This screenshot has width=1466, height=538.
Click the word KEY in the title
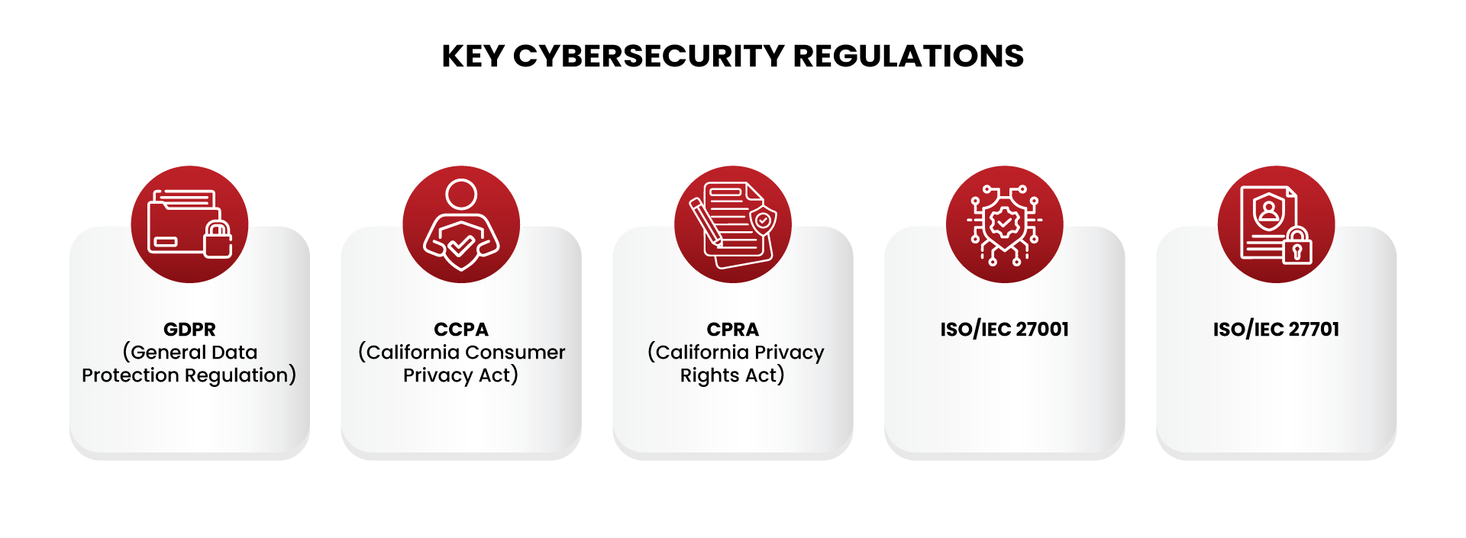473,56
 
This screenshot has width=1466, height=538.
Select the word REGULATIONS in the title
909,56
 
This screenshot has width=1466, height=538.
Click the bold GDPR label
189,330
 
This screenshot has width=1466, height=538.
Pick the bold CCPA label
461,330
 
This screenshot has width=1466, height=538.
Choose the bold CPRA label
733,330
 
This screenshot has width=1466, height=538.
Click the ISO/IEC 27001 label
1005,330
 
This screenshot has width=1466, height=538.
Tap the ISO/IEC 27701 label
1277,330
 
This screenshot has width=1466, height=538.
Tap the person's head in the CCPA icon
461,194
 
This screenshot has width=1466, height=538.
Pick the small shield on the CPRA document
763,221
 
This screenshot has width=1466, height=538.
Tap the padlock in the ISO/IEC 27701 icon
1297,245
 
